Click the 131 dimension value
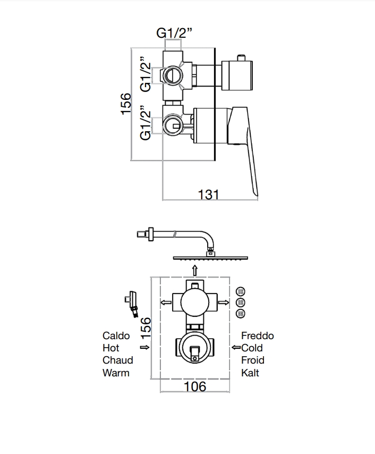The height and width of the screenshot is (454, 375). click(208, 195)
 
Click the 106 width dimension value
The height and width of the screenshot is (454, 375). click(194, 386)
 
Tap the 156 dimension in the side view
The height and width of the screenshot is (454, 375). click(125, 104)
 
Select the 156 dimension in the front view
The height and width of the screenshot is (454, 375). click(146, 328)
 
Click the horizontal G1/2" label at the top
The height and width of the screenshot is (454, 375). click(174, 33)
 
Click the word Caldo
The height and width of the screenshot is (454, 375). click(116, 336)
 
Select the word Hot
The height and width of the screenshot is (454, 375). click(111, 348)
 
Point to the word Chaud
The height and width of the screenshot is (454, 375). click(118, 360)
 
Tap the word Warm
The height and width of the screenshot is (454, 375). click(116, 373)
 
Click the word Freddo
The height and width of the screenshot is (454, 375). click(258, 336)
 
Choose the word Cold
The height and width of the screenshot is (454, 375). click(252, 348)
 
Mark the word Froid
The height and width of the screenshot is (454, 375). click(253, 360)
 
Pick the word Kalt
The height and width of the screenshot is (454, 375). click(250, 373)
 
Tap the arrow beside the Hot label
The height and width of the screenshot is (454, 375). click(144, 348)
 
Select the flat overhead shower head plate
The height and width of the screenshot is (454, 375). click(209, 258)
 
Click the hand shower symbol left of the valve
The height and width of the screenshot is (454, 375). click(133, 302)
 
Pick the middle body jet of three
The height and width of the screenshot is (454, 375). click(240, 302)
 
